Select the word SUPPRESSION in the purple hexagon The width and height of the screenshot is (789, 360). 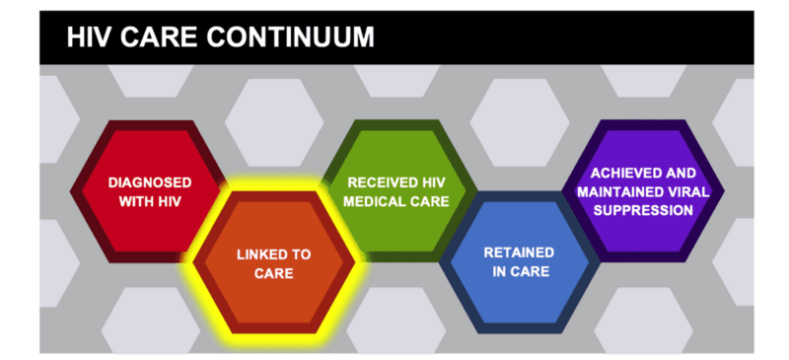[643, 209]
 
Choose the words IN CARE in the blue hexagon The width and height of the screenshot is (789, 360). [519, 270]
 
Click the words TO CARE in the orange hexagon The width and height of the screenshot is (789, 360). [273, 272]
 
